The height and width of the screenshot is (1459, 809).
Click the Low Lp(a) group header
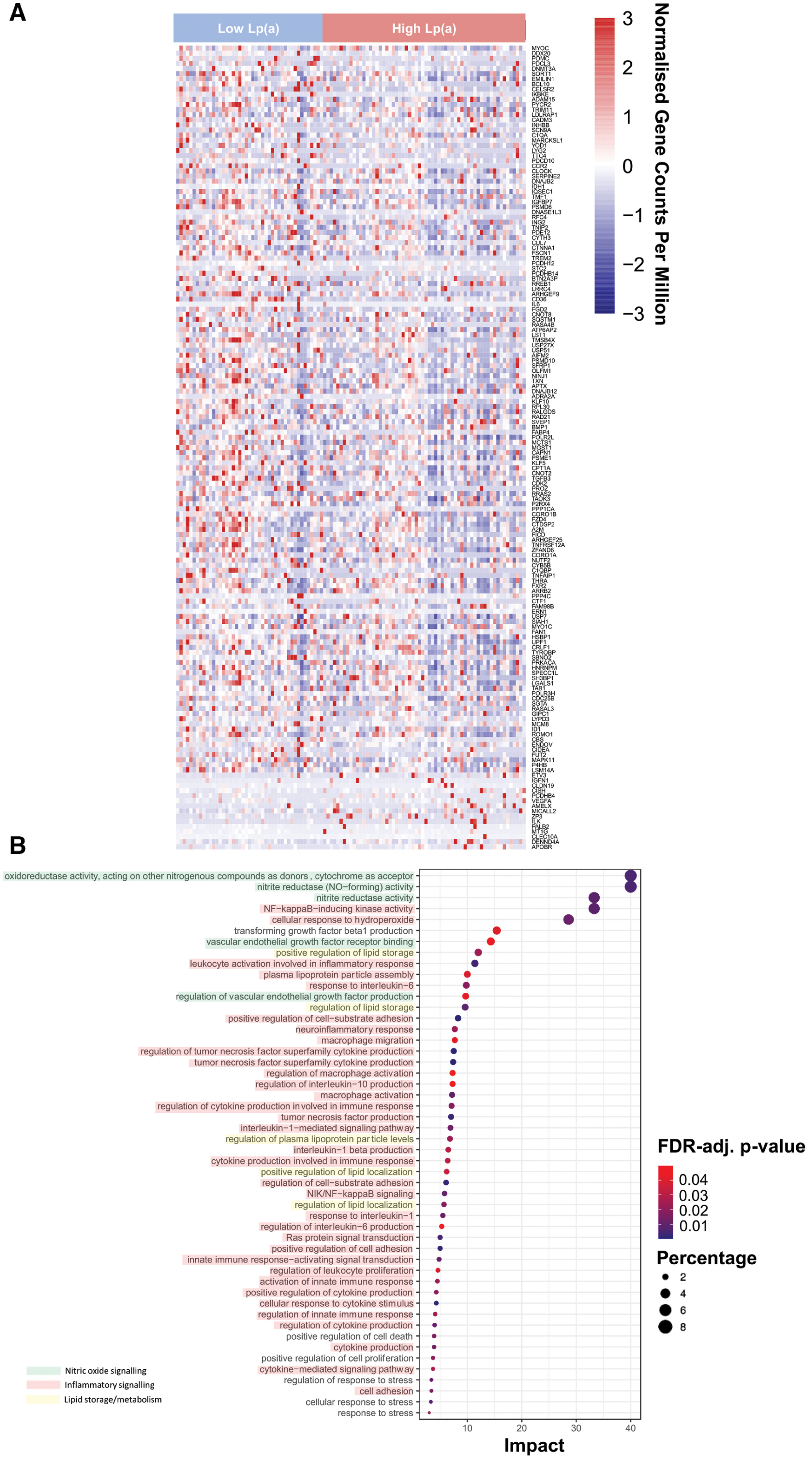[248, 28]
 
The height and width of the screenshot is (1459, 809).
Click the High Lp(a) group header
[424, 28]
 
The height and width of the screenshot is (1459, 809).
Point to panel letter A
[17, 12]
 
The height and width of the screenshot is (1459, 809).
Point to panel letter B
[17, 846]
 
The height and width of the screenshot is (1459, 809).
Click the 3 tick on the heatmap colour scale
[627, 19]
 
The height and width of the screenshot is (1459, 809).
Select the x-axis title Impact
[534, 1445]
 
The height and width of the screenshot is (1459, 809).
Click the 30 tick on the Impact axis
[576, 1428]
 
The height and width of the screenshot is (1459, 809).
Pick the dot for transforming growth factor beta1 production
[496, 930]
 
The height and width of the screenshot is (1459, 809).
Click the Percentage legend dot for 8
[665, 1326]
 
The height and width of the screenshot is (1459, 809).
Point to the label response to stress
[375, 1413]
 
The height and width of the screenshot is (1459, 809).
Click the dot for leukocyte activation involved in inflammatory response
[475, 964]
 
